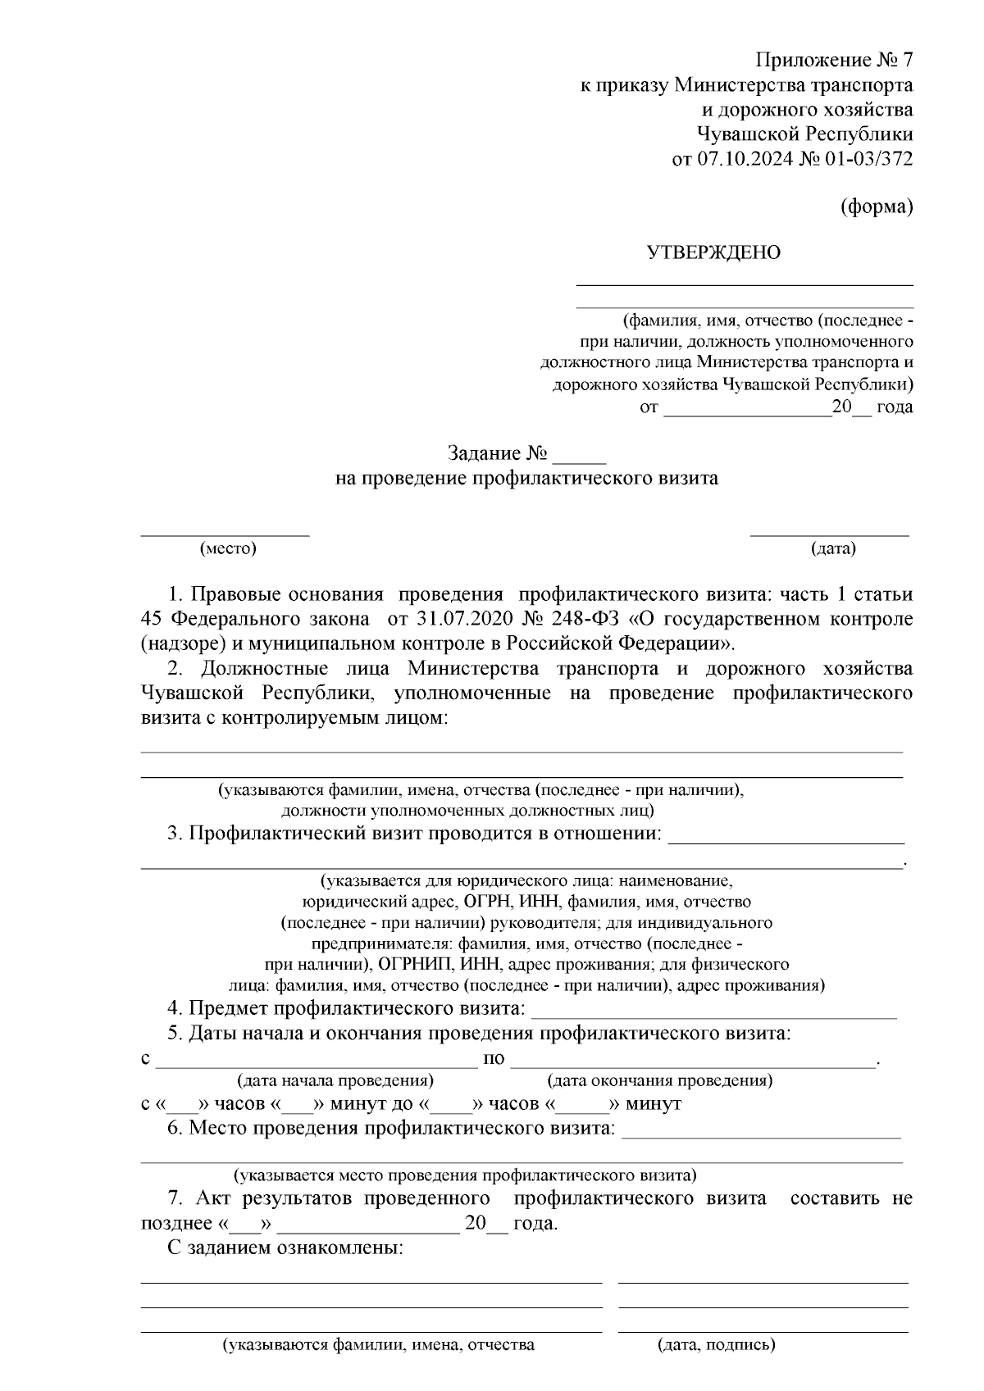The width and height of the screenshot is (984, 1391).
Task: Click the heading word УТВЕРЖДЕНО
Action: [714, 252]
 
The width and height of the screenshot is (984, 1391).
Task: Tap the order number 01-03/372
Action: [868, 159]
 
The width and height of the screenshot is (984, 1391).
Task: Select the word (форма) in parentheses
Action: [877, 207]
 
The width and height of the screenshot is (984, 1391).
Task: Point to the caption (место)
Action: [228, 549]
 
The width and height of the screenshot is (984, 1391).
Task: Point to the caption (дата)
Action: [832, 549]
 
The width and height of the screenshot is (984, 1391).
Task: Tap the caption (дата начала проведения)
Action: [335, 1080]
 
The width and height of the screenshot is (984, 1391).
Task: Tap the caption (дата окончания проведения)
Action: [659, 1080]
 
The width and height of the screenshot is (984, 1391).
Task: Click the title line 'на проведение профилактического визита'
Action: [526, 479]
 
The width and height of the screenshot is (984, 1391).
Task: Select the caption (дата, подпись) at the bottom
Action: [716, 1368]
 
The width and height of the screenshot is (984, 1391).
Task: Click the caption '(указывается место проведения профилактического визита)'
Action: [465, 1175]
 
